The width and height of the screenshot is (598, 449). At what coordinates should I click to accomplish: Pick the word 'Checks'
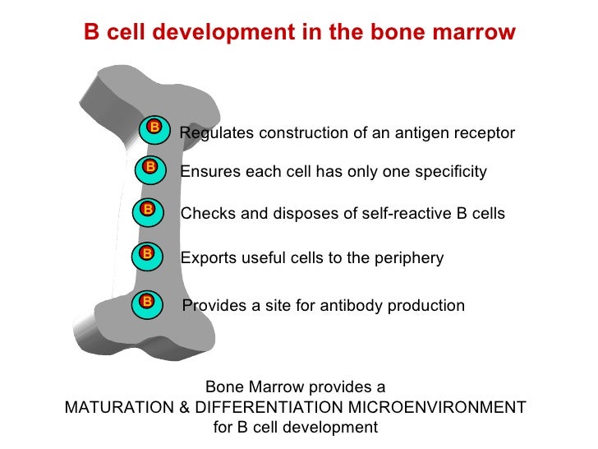click(205, 214)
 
